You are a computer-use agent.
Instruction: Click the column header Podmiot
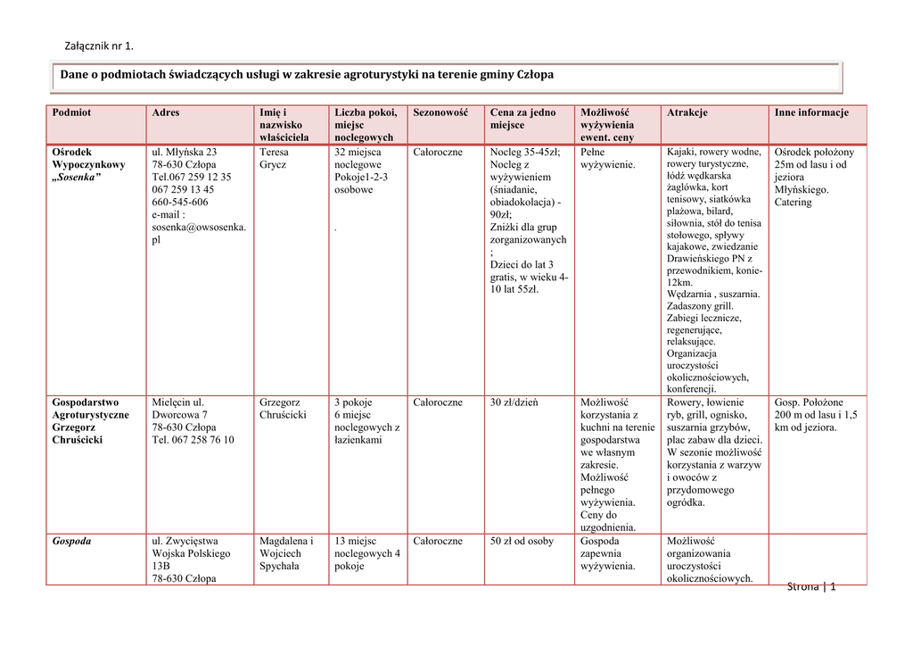pos(71,112)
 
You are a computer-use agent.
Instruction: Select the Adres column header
pos(166,112)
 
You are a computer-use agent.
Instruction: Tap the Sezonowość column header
pos(440,112)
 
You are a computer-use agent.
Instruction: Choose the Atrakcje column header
pos(687,112)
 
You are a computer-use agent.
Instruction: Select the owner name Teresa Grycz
pos(274,159)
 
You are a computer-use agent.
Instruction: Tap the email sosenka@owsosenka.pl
pos(199,233)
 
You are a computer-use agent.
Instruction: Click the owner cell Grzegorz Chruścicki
pos(283,409)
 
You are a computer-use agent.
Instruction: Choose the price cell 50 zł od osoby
pos(522,541)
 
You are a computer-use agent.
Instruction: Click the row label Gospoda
pos(71,541)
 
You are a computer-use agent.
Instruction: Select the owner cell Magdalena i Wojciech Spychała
pos(286,553)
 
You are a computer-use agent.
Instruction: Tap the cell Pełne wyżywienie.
pos(607,159)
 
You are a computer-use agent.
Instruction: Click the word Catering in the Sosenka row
pos(793,203)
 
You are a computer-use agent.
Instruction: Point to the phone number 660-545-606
pos(180,203)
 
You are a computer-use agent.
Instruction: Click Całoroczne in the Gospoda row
pos(438,541)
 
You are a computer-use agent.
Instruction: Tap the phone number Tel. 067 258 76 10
pos(193,440)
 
